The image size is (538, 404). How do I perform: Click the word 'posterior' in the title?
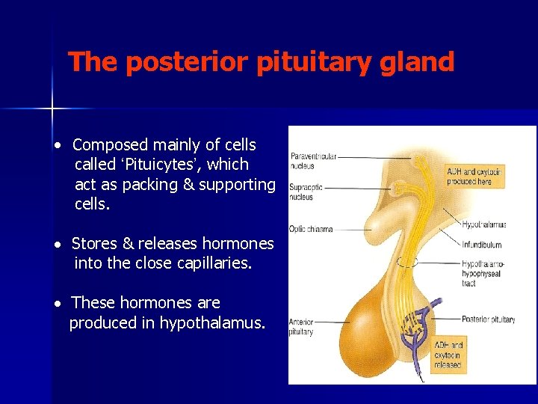[x=189, y=62]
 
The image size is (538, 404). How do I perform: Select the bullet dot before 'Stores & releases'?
[x=57, y=245]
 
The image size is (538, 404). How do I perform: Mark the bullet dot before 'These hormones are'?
[x=57, y=304]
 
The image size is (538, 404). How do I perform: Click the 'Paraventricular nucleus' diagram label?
[x=313, y=160]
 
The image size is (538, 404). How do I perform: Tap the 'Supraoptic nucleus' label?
[x=306, y=192]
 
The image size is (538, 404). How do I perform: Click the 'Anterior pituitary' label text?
[x=302, y=327]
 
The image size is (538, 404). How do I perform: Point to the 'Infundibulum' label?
[x=481, y=245]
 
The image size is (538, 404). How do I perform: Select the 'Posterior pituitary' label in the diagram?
[x=488, y=319]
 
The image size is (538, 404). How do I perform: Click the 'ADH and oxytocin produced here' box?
[x=474, y=177]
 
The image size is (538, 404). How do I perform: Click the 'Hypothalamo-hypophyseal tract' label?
[x=483, y=274]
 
